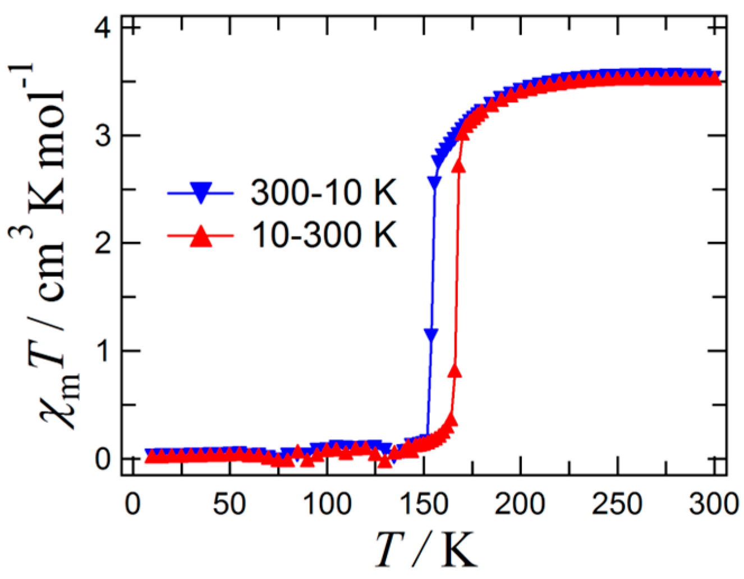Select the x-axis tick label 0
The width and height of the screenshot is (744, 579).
coord(132,504)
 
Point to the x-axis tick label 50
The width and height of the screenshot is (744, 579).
coord(229,504)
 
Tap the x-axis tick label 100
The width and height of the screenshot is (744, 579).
coord(326,504)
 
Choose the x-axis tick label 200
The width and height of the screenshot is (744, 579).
coord(520,504)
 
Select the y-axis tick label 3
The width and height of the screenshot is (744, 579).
coord(103,135)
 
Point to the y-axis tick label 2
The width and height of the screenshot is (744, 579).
coord(103,244)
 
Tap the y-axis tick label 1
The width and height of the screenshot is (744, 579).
coord(103,352)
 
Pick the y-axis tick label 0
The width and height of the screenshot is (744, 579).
coord(103,459)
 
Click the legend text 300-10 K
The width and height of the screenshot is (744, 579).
coord(324,193)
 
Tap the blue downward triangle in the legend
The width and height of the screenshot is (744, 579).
coord(200,194)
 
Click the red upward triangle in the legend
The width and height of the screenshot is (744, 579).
coord(200,236)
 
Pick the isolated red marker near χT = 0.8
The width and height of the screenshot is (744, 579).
coord(455,371)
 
